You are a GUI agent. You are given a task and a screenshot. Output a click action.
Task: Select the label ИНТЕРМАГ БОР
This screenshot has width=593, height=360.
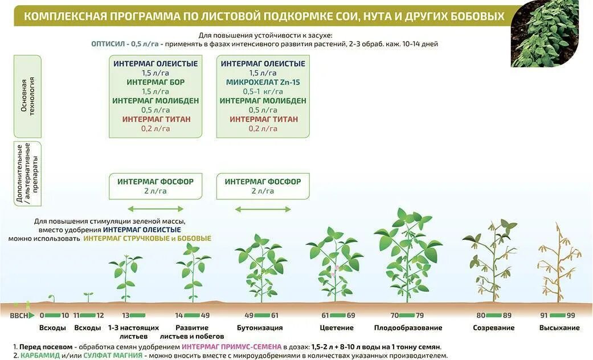pyautogui.click(x=156, y=82)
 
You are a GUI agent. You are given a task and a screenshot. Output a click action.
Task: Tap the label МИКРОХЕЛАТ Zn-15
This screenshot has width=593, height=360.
pyautogui.click(x=263, y=82)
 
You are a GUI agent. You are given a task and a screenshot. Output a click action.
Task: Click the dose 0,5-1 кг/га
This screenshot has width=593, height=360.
pyautogui.click(x=263, y=91)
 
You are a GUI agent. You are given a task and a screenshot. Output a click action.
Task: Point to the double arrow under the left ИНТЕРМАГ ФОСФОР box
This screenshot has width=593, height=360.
pyautogui.click(x=156, y=209)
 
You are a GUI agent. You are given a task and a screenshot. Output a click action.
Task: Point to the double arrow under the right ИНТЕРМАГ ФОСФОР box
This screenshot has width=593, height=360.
pyautogui.click(x=263, y=209)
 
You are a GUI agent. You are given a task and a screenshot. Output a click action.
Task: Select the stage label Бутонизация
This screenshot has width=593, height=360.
pyautogui.click(x=260, y=328)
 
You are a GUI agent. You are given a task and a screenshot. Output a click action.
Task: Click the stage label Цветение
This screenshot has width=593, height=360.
pyautogui.click(x=337, y=328)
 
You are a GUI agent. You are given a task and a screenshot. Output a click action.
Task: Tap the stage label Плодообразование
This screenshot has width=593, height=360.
pyautogui.click(x=408, y=328)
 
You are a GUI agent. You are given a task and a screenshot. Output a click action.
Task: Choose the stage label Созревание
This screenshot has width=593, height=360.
pyautogui.click(x=493, y=328)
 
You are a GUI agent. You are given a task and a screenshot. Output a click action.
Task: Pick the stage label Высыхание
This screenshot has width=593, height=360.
pyautogui.click(x=559, y=328)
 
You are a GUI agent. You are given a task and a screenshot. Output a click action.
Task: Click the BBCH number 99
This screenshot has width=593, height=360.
pyautogui.click(x=571, y=315)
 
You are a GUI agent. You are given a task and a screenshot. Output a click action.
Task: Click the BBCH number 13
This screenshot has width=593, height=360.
pyautogui.click(x=126, y=315)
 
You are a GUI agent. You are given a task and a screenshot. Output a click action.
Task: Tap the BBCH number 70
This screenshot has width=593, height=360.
pyautogui.click(x=394, y=315)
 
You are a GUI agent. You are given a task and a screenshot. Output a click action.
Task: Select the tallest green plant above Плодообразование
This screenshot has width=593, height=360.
pyautogui.click(x=408, y=253)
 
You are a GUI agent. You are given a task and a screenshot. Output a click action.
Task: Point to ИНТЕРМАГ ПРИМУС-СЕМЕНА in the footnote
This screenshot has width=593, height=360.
pyautogui.click(x=231, y=346)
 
